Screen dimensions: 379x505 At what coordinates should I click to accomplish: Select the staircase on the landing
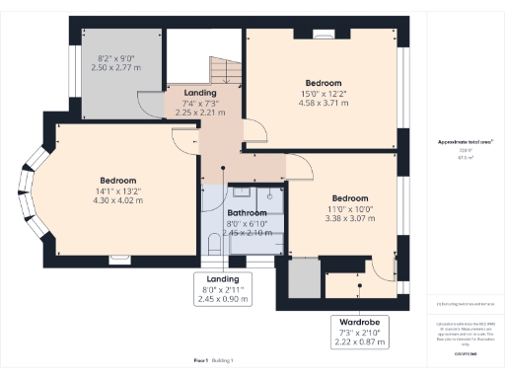[222, 70]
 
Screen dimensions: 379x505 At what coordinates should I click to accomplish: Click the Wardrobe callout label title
[360, 322]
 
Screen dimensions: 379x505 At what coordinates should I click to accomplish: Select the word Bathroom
[247, 212]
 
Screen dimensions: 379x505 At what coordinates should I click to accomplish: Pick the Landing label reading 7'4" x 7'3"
[200, 102]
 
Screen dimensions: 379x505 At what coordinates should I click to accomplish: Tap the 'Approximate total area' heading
[466, 142]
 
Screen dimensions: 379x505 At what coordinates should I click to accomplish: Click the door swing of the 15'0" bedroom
[252, 134]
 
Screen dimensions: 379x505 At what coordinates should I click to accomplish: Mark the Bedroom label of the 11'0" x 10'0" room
[349, 197]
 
